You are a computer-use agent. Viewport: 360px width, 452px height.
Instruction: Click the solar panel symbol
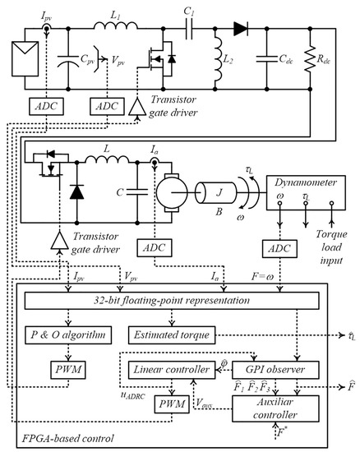22,58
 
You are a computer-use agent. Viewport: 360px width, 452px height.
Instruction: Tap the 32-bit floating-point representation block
172,302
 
